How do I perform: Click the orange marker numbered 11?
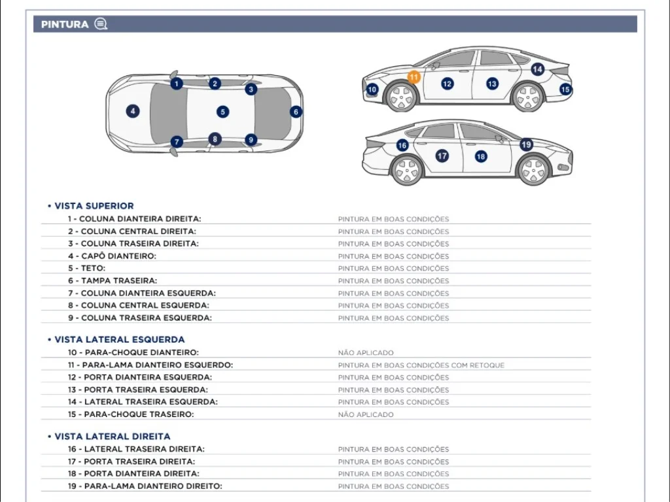click(414, 76)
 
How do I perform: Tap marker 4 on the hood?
click(133, 111)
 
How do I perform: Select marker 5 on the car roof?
click(223, 112)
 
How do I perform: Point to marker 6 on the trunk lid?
click(296, 112)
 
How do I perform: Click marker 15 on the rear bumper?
click(565, 90)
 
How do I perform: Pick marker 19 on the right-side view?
click(526, 144)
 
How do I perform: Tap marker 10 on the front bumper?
click(372, 90)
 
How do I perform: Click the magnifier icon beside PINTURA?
click(101, 24)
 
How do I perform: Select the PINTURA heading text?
click(65, 24)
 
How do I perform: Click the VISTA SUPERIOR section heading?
click(94, 206)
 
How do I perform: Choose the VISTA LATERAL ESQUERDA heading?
click(119, 340)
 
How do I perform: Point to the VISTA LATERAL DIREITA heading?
click(112, 437)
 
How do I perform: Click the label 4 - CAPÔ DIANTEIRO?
click(112, 256)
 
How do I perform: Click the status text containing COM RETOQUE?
click(421, 365)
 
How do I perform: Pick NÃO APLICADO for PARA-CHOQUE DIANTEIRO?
click(366, 353)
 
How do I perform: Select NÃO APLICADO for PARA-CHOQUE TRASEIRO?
click(366, 414)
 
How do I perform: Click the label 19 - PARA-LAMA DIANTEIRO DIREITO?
click(145, 486)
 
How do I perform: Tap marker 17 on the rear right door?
click(442, 156)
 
